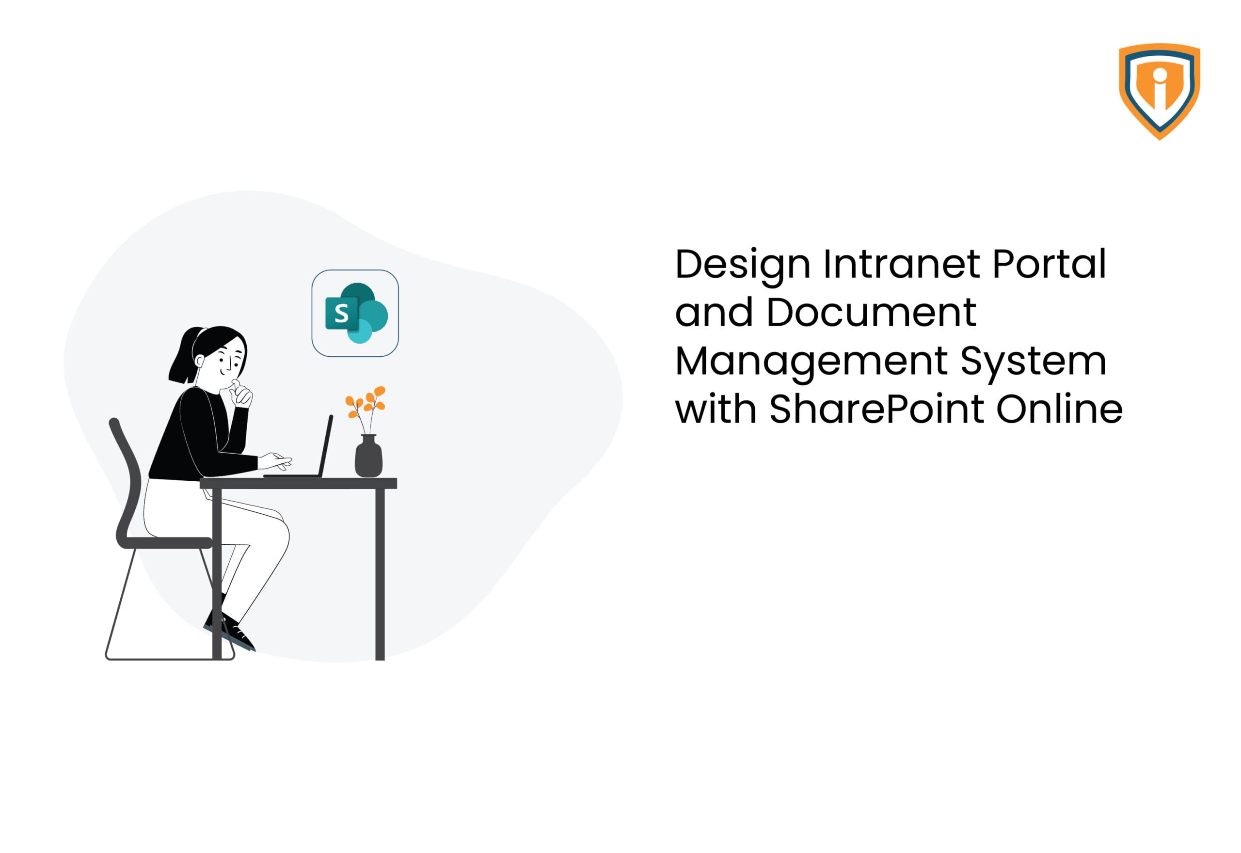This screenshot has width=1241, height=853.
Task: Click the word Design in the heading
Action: click(742, 266)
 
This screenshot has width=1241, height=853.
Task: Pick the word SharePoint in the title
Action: click(876, 409)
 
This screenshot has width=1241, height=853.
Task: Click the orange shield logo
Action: click(1159, 91)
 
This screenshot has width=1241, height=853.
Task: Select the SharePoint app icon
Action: click(355, 313)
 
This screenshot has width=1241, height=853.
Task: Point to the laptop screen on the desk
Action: click(325, 445)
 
